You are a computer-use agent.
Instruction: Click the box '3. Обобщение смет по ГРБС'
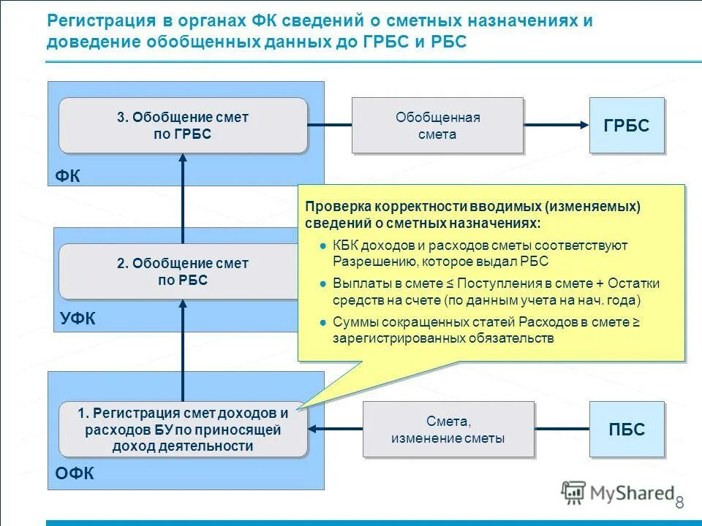tap(183, 126)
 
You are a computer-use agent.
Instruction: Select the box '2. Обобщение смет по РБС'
tap(179, 271)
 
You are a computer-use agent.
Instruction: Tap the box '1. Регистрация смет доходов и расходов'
tap(183, 430)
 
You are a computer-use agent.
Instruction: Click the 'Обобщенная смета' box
tap(437, 126)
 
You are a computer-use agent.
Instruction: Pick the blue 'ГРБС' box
tap(627, 126)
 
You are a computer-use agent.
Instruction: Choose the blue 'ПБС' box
tap(627, 430)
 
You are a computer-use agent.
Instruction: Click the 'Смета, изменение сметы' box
tap(448, 430)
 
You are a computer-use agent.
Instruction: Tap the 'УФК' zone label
tap(76, 319)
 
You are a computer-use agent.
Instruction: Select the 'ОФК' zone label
tap(74, 474)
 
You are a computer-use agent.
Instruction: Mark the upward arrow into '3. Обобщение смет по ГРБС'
tap(183, 197)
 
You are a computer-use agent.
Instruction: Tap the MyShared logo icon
tap(573, 492)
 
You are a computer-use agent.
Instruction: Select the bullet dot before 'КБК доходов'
tap(322, 245)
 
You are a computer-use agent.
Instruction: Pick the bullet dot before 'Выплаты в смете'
tap(322, 283)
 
